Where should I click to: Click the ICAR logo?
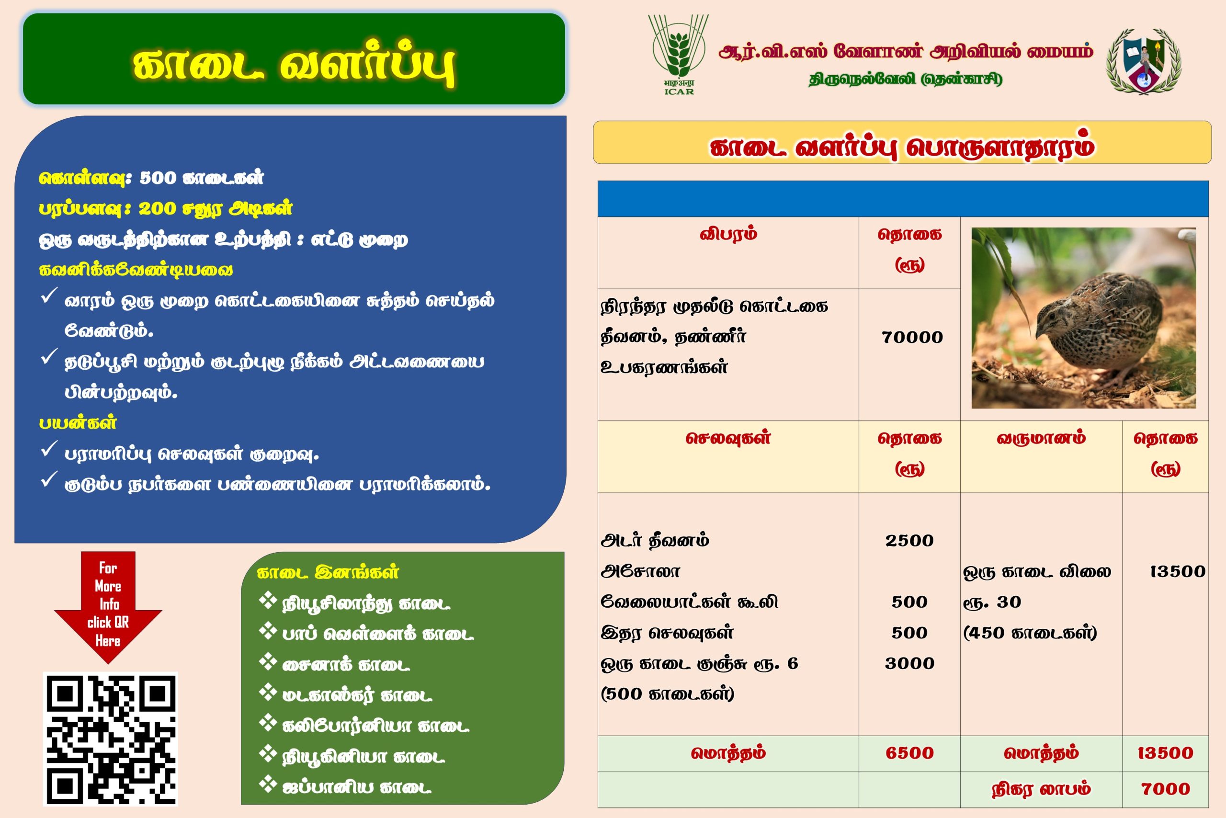point(678,54)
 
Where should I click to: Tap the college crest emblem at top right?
point(1144,61)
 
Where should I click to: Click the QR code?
point(110,738)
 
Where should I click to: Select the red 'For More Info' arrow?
point(108,607)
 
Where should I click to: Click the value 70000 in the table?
point(912,338)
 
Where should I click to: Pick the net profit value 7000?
point(1166,789)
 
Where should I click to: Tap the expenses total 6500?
point(909,753)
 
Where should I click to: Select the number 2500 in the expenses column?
point(909,540)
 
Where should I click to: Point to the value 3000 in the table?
point(909,663)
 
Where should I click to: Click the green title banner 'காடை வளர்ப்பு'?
point(294,58)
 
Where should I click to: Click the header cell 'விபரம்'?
point(728,234)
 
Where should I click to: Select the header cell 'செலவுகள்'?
point(728,438)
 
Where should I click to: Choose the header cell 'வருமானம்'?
point(1041,438)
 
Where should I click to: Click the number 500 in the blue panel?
point(159,178)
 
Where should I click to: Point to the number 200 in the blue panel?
point(157,209)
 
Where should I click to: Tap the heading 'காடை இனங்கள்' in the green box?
point(328,572)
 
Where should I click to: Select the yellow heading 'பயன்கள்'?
point(78,422)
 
